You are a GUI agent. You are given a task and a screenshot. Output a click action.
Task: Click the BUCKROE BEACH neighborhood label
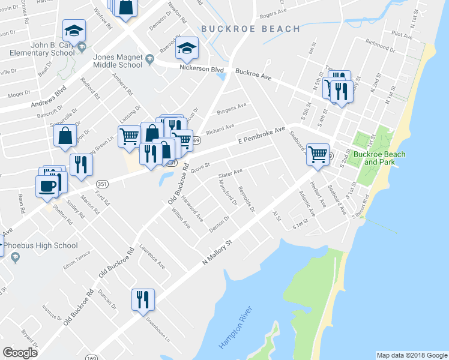coord(250,28)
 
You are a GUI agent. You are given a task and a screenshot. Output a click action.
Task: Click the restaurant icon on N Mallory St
coord(143,299)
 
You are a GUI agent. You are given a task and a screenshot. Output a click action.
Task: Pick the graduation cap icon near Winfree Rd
coord(74,29)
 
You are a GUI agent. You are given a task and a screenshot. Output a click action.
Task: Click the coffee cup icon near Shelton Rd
coord(46,185)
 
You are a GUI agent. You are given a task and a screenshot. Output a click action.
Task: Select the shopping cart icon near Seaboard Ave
coord(318,154)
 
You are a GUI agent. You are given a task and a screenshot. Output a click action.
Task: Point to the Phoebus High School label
coord(41,245)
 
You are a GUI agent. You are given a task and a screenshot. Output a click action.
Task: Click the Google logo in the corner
coord(20,352)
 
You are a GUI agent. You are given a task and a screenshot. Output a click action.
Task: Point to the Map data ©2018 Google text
coord(411,355)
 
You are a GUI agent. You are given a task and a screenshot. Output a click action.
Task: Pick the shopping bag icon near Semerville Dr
coord(65,136)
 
